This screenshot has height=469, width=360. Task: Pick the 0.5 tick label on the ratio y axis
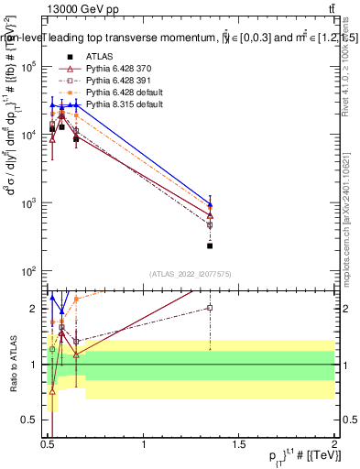click(x=31, y=420)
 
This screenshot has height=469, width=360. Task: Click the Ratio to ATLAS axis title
click(x=11, y=365)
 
